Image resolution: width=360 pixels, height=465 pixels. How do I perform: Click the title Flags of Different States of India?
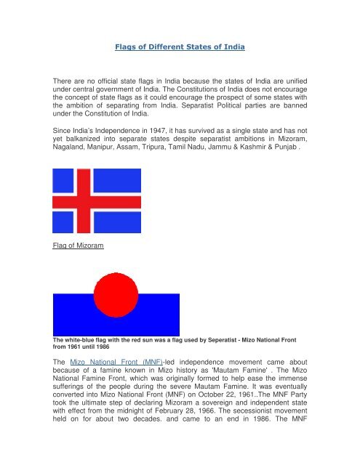click(180, 46)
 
